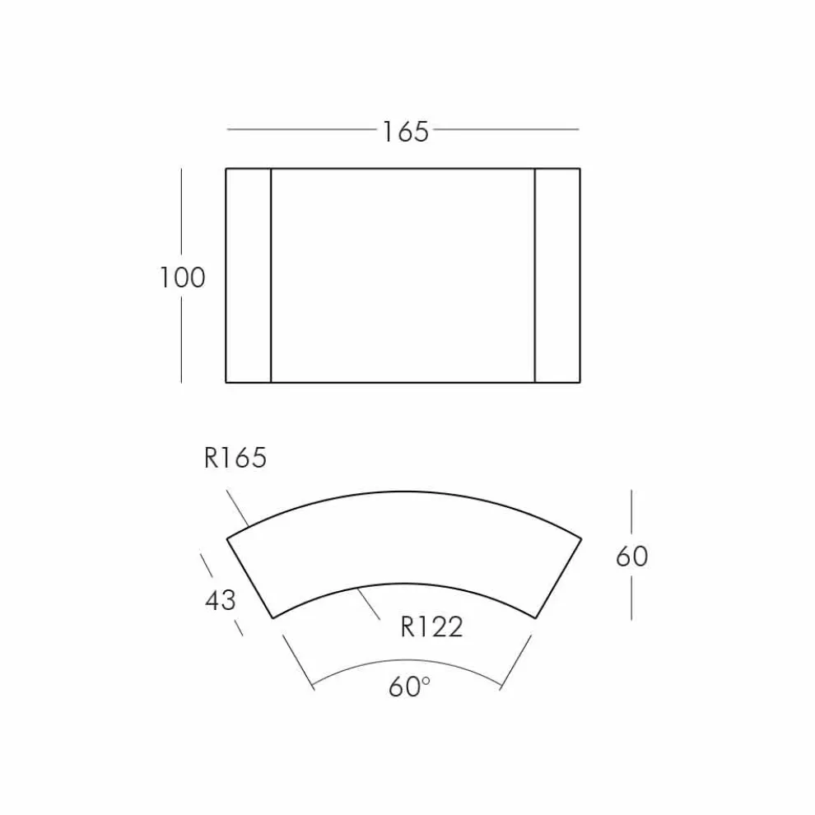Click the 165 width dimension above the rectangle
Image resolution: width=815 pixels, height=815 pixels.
[405, 132]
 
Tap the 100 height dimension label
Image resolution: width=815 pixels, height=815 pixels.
[182, 277]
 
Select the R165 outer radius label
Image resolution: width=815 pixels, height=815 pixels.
[235, 458]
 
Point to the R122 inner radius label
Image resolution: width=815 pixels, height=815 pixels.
[431, 626]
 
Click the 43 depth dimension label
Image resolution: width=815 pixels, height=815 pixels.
[221, 600]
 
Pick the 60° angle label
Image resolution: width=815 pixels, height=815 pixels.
[410, 687]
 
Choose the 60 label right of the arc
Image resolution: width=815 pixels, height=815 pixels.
[631, 557]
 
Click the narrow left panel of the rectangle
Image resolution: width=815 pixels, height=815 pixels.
[249, 276]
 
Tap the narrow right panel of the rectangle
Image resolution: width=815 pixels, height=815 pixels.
[557, 276]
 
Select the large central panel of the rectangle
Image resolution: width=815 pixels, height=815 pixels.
[403, 276]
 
